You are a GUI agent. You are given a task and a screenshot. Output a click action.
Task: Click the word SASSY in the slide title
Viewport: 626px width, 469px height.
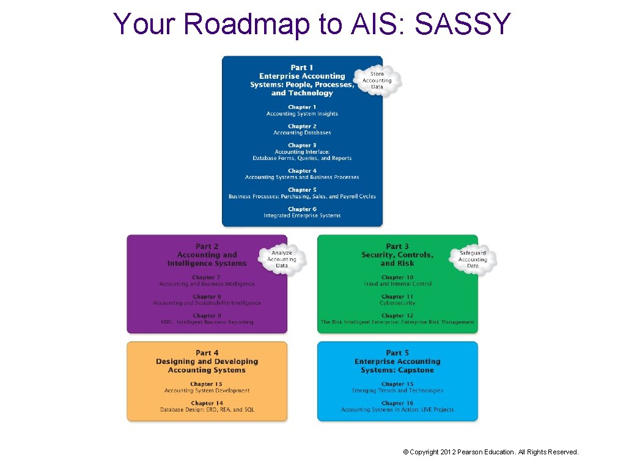(x=462, y=24)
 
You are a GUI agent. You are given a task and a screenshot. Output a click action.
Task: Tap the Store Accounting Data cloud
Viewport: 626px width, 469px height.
(x=377, y=81)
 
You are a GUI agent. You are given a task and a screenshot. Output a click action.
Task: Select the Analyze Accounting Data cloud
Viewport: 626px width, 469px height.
(x=282, y=260)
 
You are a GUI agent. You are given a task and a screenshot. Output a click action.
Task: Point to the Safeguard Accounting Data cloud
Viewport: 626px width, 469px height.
(x=473, y=260)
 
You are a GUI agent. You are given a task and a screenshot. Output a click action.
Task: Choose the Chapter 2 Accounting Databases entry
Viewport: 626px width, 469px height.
(x=302, y=129)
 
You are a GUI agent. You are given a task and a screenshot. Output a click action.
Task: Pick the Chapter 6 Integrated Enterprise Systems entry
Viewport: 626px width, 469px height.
(x=302, y=213)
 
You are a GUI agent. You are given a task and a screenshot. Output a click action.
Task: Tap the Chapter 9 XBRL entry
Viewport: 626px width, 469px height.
(x=207, y=319)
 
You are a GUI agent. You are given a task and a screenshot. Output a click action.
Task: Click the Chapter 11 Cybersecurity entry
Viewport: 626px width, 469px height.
(x=397, y=300)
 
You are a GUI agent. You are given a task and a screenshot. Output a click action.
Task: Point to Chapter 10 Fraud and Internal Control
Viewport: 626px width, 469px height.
(x=397, y=281)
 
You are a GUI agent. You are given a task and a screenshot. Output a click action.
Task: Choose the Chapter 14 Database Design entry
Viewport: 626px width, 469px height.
(x=207, y=407)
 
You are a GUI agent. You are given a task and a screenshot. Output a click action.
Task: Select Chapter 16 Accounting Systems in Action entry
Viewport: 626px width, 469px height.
(x=397, y=407)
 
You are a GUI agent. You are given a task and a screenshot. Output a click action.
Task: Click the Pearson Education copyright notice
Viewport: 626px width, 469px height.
(x=491, y=452)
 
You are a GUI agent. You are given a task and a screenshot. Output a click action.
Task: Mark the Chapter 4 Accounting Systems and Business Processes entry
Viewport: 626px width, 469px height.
(x=302, y=174)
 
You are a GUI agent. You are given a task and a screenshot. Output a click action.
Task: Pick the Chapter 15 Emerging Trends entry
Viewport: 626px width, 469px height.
(x=397, y=387)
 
